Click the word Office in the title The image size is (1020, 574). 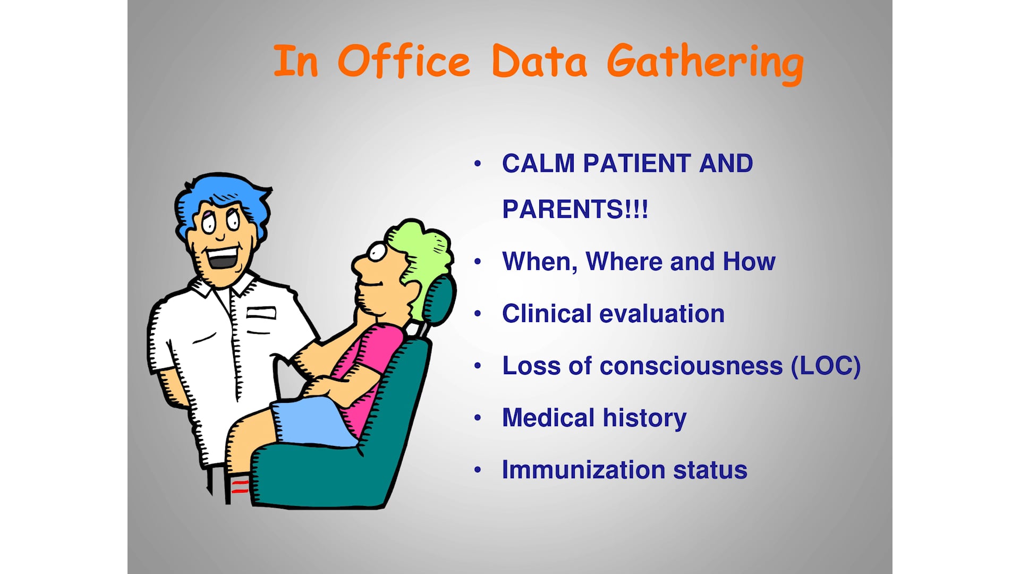pos(404,61)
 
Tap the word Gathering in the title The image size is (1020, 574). pos(705,64)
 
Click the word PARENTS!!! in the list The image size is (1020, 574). pos(575,209)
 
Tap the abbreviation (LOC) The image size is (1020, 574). pos(826,366)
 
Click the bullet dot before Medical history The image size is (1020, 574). pos(478,418)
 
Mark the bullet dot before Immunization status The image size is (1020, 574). pos(478,470)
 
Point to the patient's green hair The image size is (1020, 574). pos(422,260)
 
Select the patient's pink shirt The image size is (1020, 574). pos(367,372)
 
